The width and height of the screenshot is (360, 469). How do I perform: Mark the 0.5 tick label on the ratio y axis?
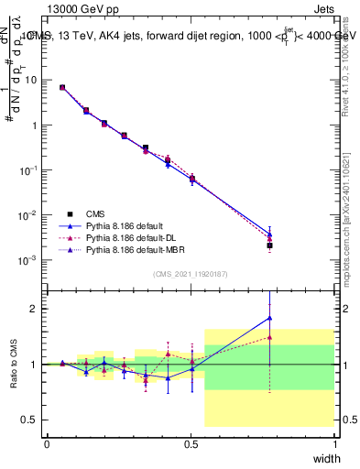pos(29,420)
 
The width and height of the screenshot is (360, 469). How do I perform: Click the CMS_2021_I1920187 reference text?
pos(191,273)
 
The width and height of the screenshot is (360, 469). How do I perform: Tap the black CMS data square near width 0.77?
pos(269,245)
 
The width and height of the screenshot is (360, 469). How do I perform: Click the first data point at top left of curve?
pos(62,87)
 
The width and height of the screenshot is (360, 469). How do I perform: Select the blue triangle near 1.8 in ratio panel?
pos(269,318)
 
